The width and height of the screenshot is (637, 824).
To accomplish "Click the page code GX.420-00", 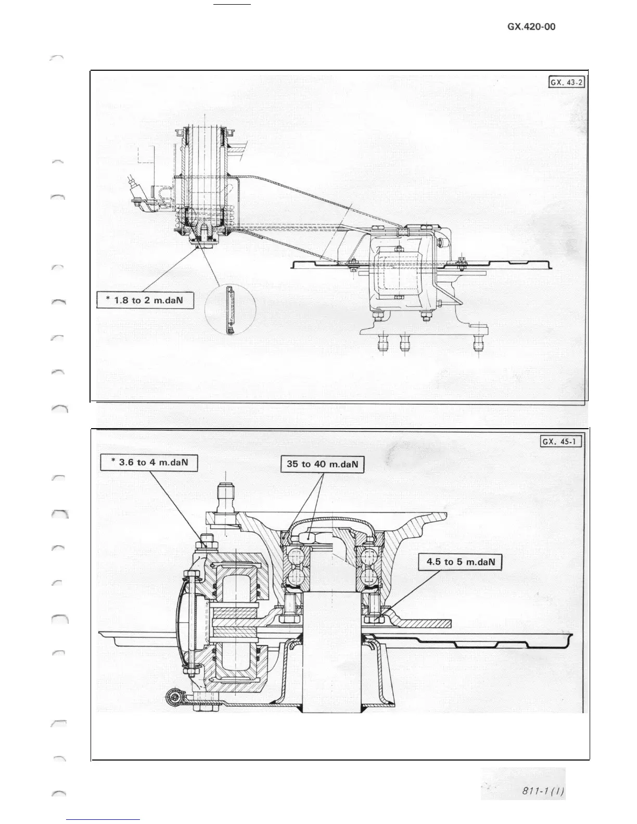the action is point(531,27).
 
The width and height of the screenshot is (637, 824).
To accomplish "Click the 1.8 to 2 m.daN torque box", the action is point(146,301).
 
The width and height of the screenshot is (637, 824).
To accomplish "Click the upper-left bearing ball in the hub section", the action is point(295,555).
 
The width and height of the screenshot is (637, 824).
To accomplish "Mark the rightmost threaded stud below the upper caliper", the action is point(479,344).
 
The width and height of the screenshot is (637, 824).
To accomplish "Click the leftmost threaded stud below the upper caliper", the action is point(385,344).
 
